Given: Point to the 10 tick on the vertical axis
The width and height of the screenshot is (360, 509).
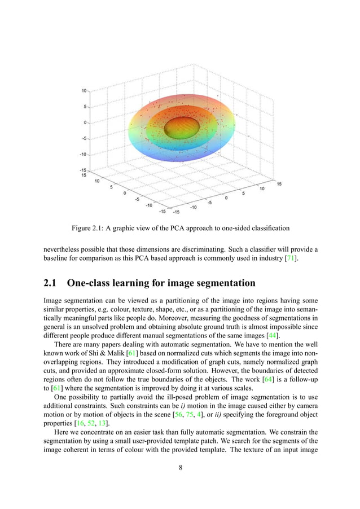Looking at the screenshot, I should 84,90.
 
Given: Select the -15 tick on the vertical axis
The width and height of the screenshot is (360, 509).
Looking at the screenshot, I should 82,170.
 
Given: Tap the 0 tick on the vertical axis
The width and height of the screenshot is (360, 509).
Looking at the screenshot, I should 85,122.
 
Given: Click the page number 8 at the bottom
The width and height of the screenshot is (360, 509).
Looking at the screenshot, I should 180,467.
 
